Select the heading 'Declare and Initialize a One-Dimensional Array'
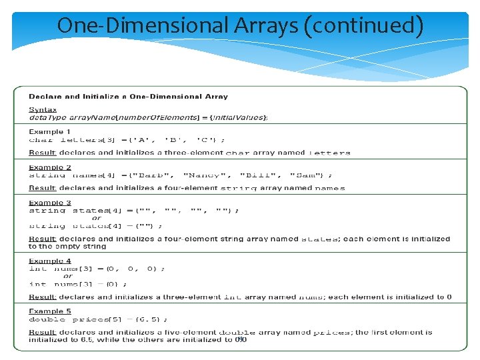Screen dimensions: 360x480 (x=128, y=97)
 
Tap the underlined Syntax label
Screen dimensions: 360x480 (x=43, y=110)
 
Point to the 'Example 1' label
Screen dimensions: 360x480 (x=50, y=132)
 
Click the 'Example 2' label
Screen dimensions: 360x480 (x=50, y=168)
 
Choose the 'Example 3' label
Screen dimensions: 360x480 (x=50, y=203)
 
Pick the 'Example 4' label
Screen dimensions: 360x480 (x=50, y=261)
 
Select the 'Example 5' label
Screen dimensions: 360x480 (x=50, y=311)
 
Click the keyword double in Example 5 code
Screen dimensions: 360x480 (x=47, y=319)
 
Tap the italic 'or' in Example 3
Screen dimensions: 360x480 (x=97, y=218)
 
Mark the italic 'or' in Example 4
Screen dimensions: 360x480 (x=68, y=277)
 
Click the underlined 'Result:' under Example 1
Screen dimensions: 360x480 (x=42, y=153)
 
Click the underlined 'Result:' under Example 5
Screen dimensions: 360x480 (x=42, y=332)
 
